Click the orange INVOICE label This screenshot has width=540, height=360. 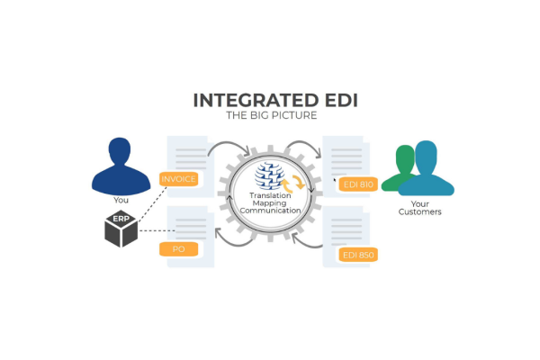(x=178, y=179)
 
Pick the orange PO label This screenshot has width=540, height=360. (x=178, y=248)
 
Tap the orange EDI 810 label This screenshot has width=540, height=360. (x=357, y=184)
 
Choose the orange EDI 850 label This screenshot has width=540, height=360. (x=357, y=255)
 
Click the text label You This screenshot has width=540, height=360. (x=121, y=201)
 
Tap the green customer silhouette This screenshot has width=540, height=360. (x=400, y=168)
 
